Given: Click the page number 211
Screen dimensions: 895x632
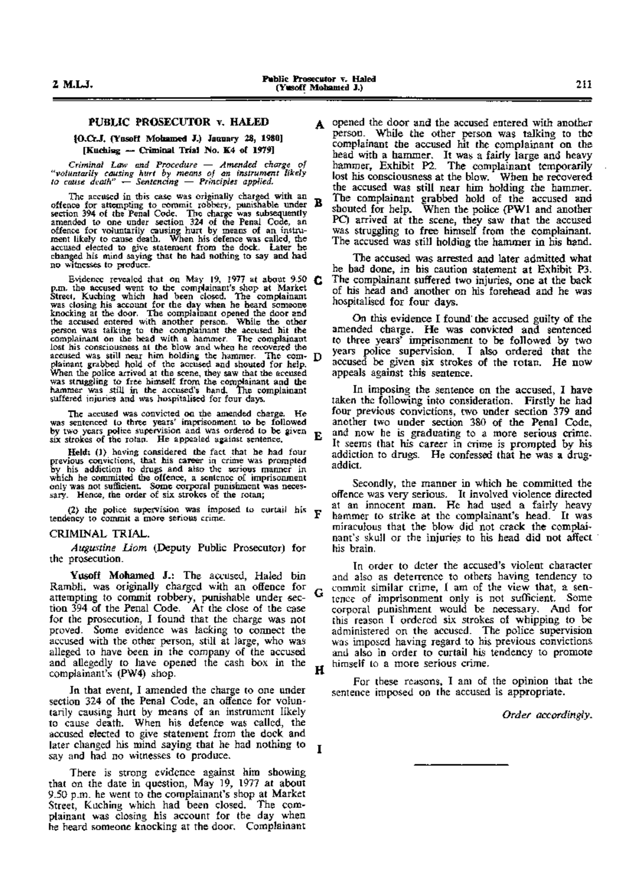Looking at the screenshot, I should tap(584, 83).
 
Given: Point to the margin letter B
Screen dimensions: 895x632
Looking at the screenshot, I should tap(318, 203).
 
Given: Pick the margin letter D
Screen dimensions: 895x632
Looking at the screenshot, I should tap(318, 357).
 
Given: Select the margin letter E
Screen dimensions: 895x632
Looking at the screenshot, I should tap(318, 437).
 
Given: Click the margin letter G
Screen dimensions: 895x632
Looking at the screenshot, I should tap(318, 591).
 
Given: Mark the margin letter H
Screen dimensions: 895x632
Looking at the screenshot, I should tap(318, 670).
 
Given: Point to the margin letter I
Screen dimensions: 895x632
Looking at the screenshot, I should tap(318, 748).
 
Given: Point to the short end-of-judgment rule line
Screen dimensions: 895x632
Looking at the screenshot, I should tap(461, 763).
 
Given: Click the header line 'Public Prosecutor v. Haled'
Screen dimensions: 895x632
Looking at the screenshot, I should tap(319, 79).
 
